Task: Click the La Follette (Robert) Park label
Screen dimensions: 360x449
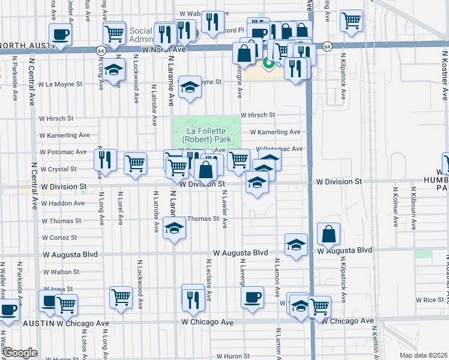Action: point(206,136)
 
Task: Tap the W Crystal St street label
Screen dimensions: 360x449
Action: point(58,170)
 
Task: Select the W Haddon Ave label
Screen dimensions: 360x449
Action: point(62,203)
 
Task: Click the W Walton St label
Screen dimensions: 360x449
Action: point(61,272)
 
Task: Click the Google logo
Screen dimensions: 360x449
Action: point(20,353)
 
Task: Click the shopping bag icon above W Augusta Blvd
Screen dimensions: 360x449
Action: point(329,233)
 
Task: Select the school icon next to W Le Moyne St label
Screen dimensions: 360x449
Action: point(190,88)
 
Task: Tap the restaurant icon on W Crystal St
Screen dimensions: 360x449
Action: point(104,160)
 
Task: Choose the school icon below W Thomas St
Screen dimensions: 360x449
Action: point(174,229)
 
